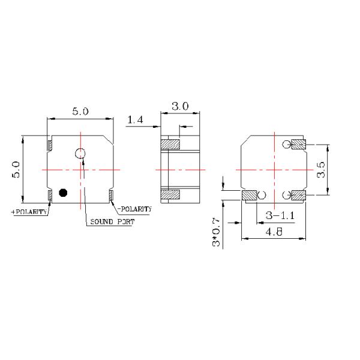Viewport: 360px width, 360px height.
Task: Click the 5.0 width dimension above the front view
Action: pos(81,111)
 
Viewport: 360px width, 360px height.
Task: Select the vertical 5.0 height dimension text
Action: pos(17,170)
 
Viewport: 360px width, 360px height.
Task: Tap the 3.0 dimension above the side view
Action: pos(180,106)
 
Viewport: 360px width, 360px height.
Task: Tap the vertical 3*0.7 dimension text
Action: pos(217,235)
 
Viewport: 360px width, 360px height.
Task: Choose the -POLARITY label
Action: pos(134,209)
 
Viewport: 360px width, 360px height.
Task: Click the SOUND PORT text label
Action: pos(112,221)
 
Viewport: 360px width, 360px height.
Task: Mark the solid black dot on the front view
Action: pos(62,193)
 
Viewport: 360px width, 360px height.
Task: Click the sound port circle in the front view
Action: pos(81,154)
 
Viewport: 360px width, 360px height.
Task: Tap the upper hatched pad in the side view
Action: pos(170,145)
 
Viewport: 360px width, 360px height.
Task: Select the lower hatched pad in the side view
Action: pos(170,195)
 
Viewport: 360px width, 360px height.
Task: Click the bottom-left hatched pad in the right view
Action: pos(249,195)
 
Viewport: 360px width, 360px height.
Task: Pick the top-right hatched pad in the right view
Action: pos(298,144)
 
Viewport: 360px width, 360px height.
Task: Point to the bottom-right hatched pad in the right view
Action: pos(298,195)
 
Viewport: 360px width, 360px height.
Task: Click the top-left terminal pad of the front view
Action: pos(50,145)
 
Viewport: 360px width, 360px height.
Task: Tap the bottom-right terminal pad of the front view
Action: pos(112,194)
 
